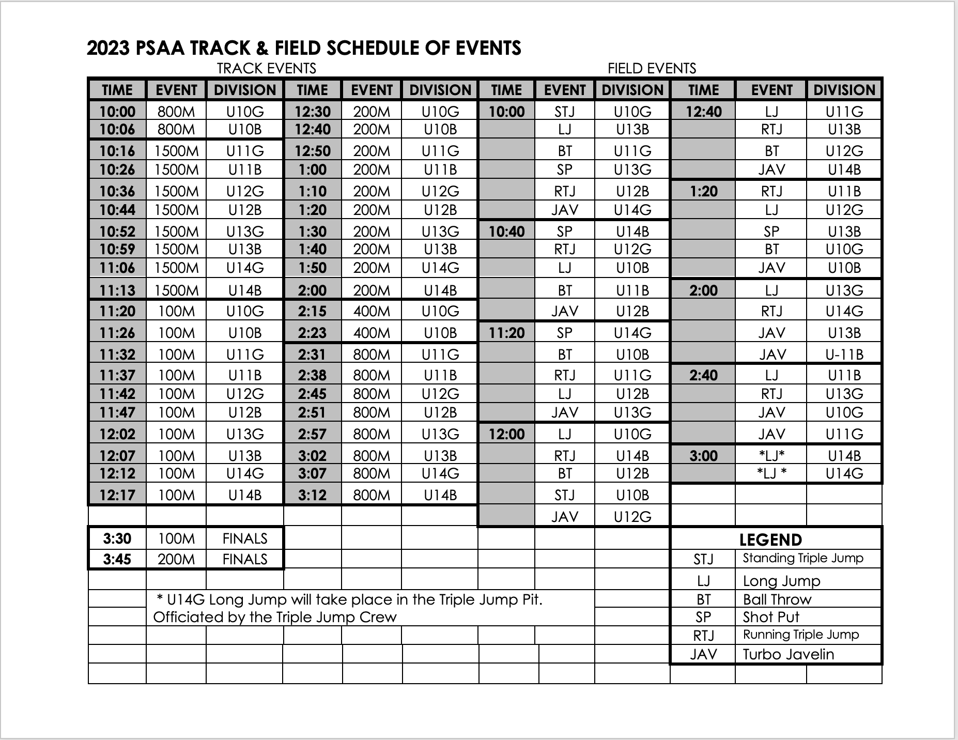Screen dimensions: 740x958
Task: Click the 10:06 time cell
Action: [x=117, y=129]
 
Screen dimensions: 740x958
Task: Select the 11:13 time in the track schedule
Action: [x=117, y=290]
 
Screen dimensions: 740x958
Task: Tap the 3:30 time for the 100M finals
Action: [x=117, y=539]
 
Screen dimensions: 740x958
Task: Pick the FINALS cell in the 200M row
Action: [x=245, y=560]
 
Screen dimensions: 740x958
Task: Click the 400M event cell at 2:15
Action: [x=372, y=311]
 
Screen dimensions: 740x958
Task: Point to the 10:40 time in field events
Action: [x=506, y=232]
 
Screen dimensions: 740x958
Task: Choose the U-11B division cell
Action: [x=844, y=354]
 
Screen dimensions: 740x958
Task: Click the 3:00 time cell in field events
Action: [x=703, y=456]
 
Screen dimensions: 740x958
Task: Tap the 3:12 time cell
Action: [x=312, y=495]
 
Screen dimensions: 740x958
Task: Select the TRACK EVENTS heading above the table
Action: [x=266, y=68]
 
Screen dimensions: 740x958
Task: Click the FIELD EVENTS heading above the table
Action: [x=652, y=68]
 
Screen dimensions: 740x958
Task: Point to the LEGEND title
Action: [x=770, y=540]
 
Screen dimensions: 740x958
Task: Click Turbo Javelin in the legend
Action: [x=788, y=654]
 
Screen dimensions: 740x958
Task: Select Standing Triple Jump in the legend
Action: [x=802, y=558]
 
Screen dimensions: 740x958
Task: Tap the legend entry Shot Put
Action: [x=771, y=617]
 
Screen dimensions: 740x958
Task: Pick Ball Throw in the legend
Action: [x=777, y=599]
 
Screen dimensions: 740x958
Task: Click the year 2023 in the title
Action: [x=108, y=48]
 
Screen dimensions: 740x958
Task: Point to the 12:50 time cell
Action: [x=312, y=151]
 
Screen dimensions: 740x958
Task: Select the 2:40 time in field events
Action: [x=703, y=375]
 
